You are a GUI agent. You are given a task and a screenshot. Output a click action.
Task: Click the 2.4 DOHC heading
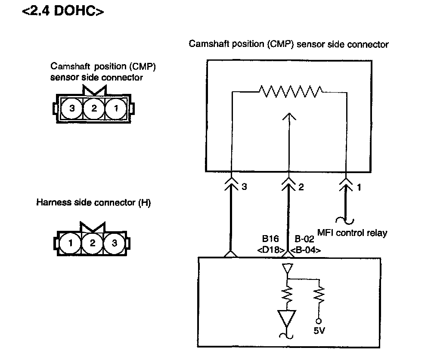(63, 11)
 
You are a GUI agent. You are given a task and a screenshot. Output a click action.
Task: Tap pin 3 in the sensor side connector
(72, 108)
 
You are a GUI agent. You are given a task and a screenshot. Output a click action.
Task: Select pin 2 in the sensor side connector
(93, 108)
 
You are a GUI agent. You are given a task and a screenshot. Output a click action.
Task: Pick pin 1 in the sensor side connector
(115, 108)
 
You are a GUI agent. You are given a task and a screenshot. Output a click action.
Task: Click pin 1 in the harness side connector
(71, 243)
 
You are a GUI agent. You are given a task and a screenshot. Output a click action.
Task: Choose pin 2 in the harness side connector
(92, 243)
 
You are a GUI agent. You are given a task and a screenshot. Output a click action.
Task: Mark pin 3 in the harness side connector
(114, 243)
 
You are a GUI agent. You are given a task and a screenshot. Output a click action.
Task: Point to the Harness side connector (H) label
(93, 203)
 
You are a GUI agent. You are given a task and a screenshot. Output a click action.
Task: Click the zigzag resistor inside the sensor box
(290, 91)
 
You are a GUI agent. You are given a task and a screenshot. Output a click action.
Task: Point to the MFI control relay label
(352, 233)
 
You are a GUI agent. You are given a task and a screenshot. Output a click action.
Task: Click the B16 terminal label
(270, 239)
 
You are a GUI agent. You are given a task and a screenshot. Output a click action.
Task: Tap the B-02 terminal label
(304, 239)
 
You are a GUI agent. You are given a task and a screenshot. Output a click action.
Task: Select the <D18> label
(270, 249)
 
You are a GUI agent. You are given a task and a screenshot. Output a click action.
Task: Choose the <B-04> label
(305, 249)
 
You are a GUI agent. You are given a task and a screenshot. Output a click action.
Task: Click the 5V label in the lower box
(319, 332)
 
